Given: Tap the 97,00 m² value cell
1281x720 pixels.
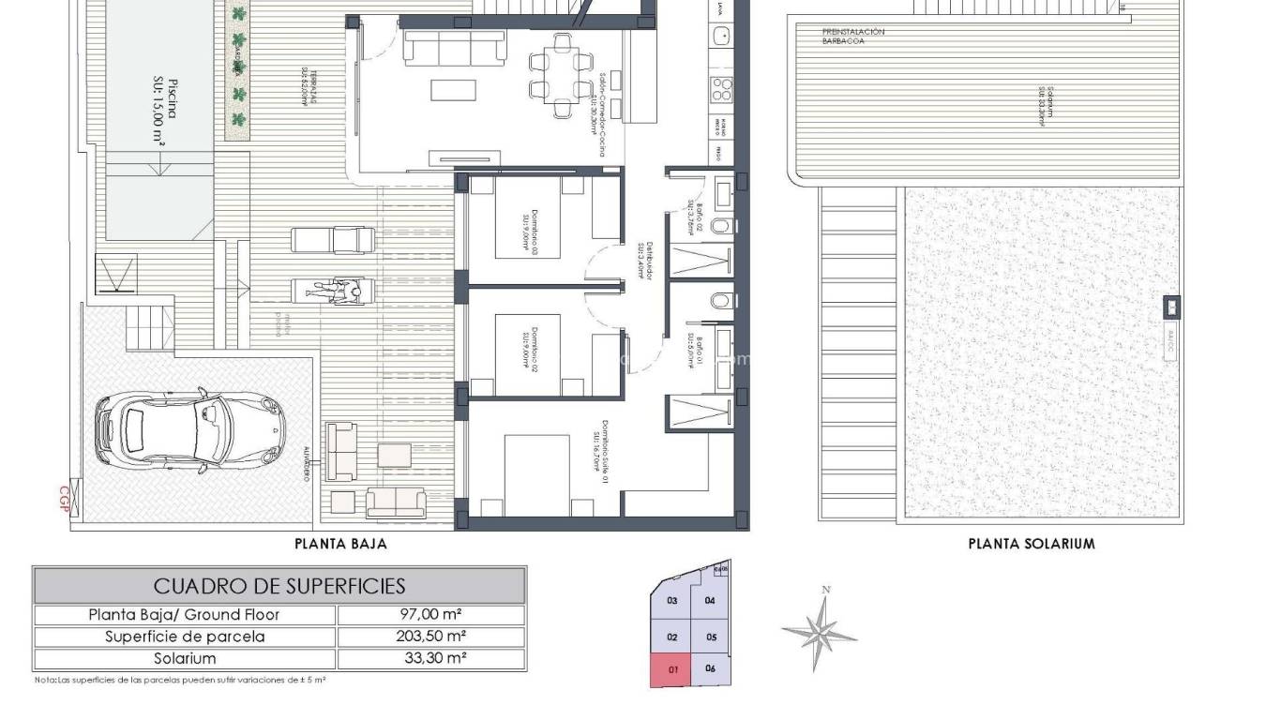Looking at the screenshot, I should [x=430, y=615].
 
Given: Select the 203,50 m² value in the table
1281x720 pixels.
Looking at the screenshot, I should [x=430, y=637].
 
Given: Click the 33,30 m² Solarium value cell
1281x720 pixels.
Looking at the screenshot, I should [x=430, y=658].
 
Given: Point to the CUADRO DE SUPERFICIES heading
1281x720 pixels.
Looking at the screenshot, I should [x=279, y=586].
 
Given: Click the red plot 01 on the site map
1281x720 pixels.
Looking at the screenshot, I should [x=671, y=669].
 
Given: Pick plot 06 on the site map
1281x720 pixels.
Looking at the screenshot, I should [x=710, y=668].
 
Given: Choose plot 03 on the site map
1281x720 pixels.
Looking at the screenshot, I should [x=671, y=601].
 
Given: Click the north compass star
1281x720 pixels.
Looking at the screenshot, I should [x=821, y=632].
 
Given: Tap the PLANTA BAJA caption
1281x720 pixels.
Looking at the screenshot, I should [x=340, y=543].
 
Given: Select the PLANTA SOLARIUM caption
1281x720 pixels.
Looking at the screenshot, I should [x=1031, y=543].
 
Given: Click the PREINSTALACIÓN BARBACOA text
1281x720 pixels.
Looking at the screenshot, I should [x=852, y=37].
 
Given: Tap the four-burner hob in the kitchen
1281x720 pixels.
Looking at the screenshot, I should [x=723, y=89].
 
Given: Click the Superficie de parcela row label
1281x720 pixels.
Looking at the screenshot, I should [x=184, y=637].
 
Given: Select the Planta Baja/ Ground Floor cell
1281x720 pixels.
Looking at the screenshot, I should [x=184, y=615].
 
